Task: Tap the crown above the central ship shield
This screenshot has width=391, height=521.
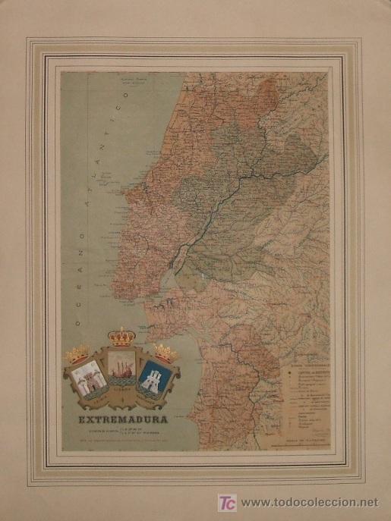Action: click(121, 337)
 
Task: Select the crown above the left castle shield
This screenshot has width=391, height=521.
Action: click(77, 354)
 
